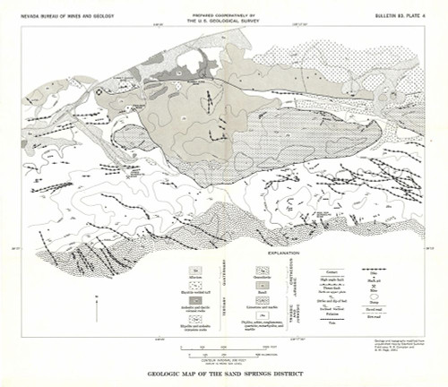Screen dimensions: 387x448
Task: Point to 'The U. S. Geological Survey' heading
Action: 225,22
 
